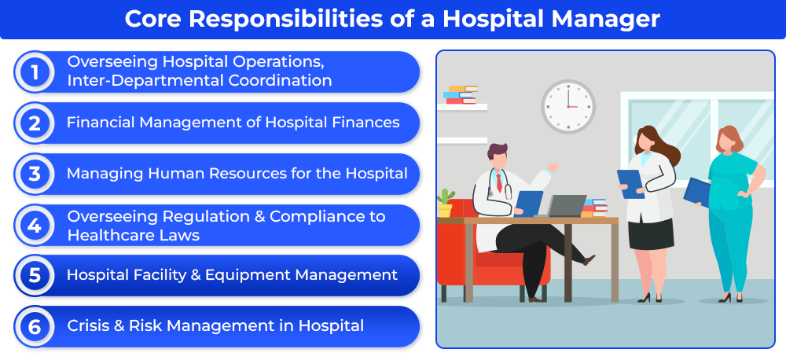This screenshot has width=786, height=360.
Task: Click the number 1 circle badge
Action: (34, 72)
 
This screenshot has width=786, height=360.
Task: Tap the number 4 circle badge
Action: (34, 225)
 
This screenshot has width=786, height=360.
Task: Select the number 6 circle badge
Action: (34, 327)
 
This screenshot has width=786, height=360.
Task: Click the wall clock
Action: (568, 107)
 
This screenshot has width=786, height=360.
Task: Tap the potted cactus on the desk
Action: (445, 203)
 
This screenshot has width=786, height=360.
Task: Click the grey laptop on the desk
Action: (561, 206)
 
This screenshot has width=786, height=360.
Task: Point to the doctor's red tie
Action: (499, 182)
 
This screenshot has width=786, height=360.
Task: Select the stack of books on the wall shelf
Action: (460, 95)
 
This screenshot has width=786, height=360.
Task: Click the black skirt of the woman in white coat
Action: (651, 233)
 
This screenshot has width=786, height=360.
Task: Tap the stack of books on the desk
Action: (595, 208)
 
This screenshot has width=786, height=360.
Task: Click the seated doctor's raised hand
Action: (553, 167)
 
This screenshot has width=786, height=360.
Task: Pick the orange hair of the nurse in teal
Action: (729, 140)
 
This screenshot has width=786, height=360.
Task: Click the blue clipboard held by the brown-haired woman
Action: (630, 184)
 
